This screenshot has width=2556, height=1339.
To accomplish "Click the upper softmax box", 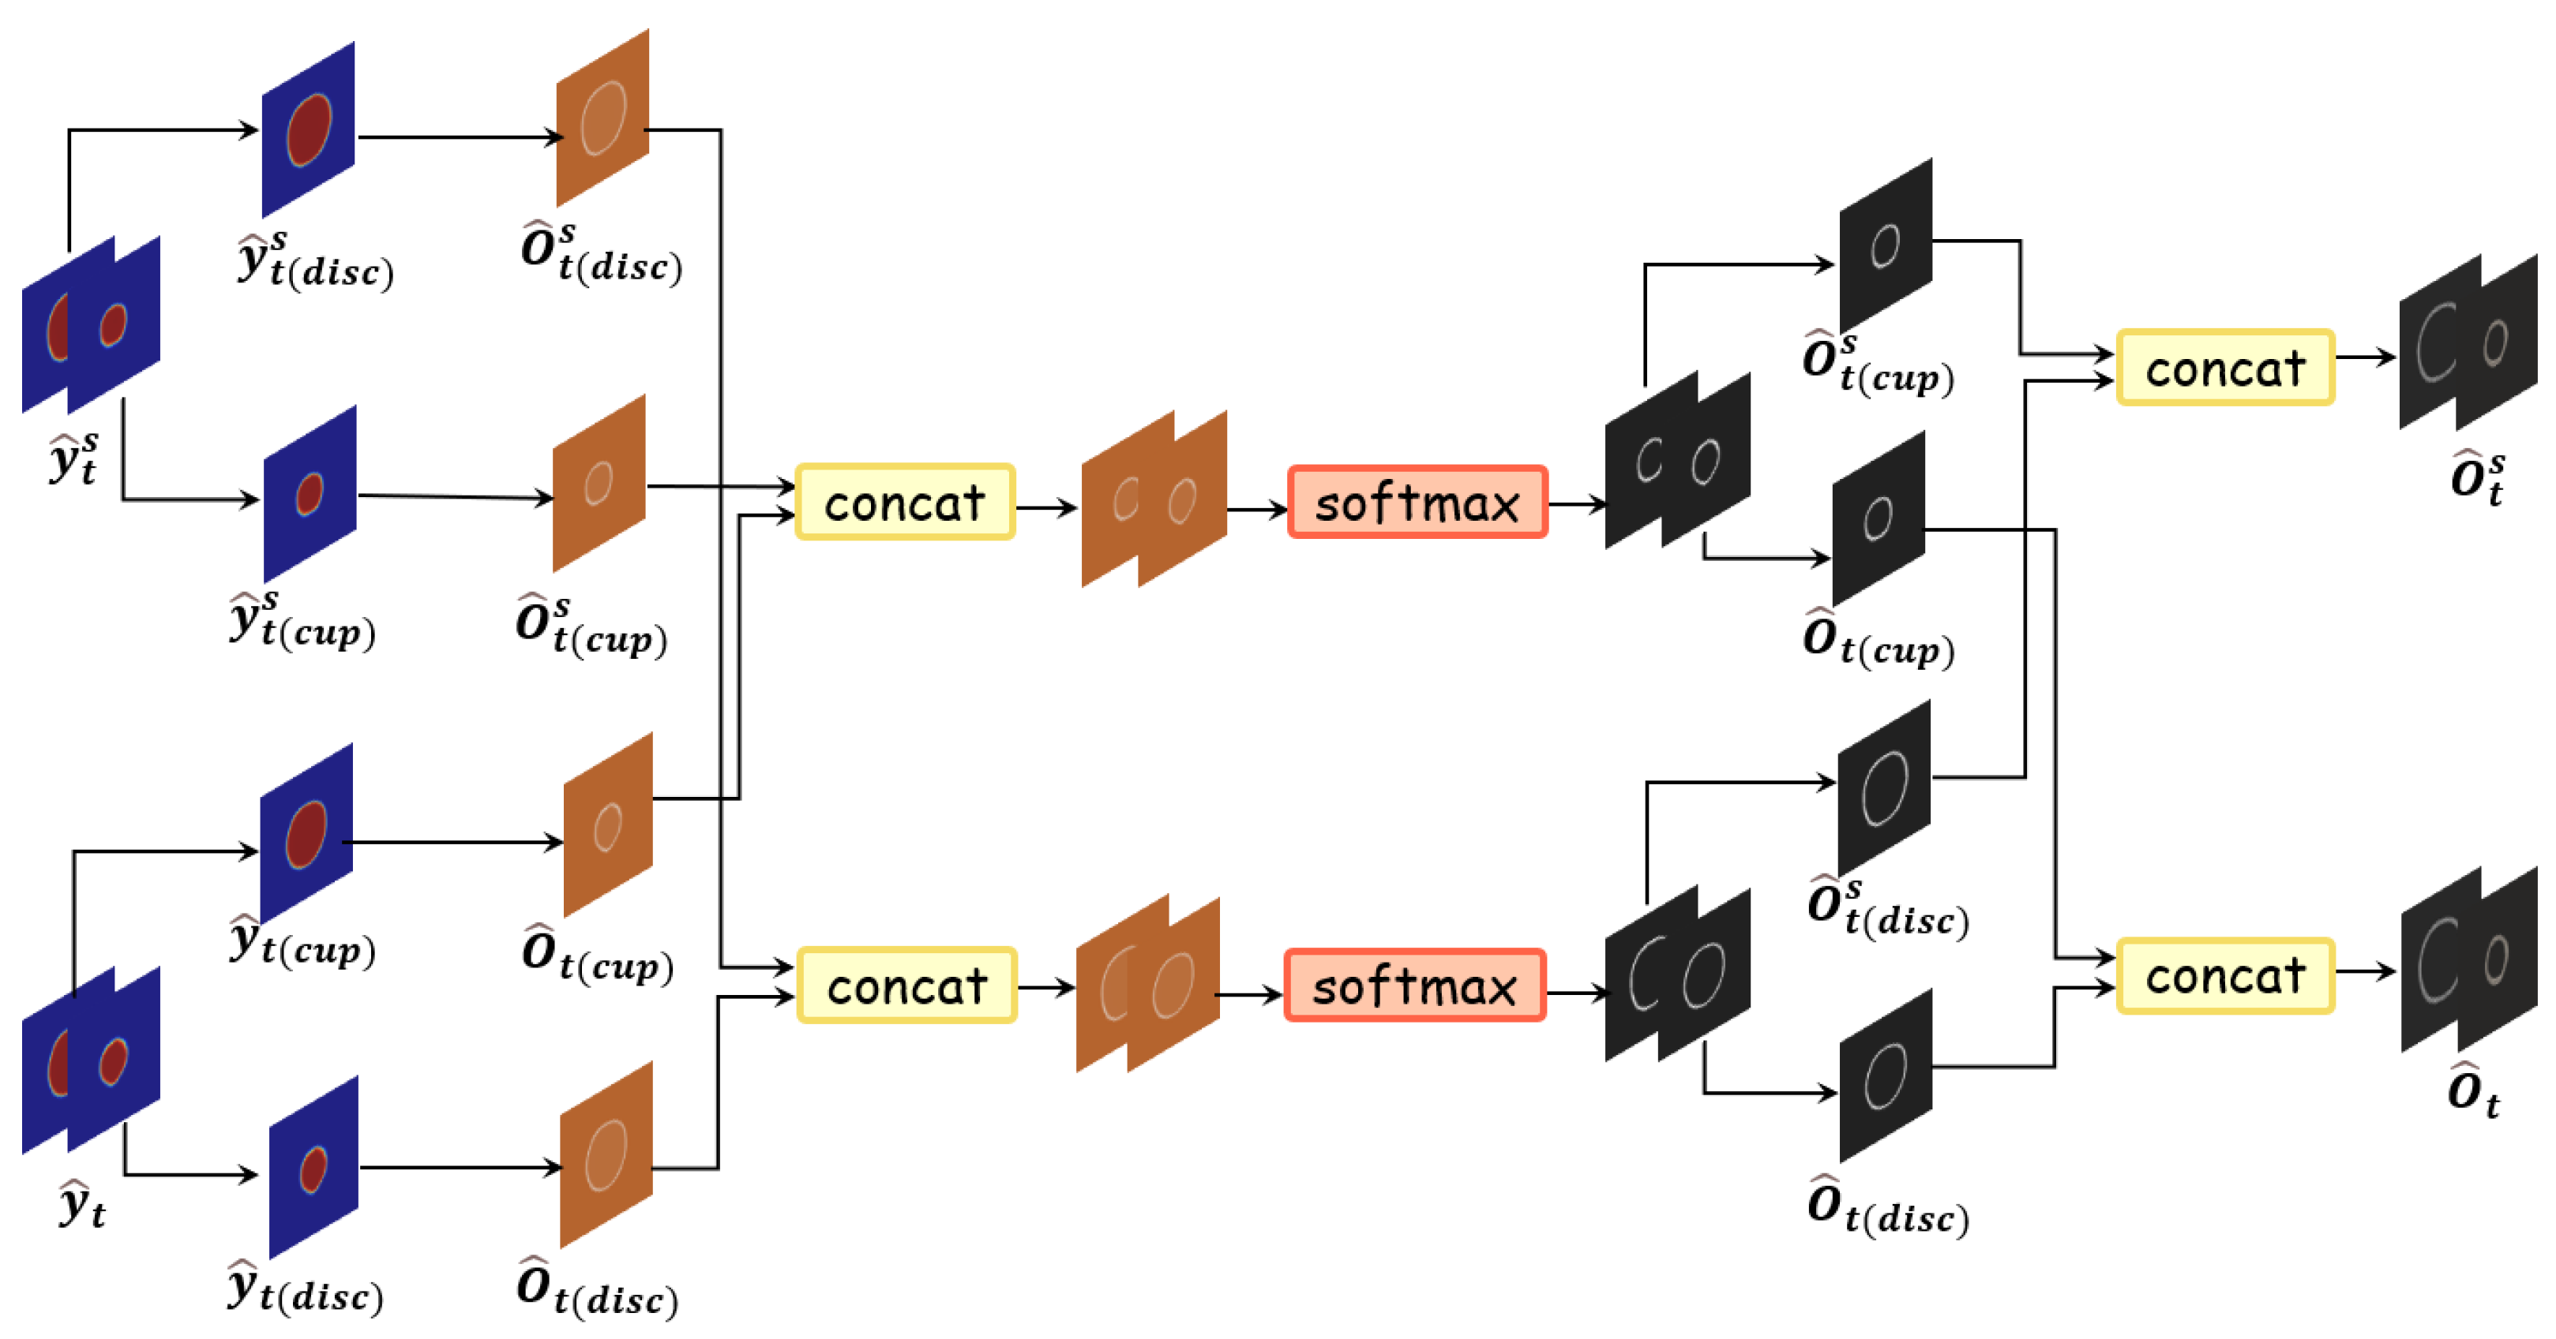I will pyautogui.click(x=1416, y=503).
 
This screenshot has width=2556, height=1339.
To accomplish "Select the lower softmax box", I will pyautogui.click(x=1414, y=985).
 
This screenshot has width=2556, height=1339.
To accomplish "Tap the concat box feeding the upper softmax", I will pyautogui.click(x=904, y=502).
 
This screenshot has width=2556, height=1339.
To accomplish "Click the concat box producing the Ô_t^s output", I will pyautogui.click(x=2224, y=368).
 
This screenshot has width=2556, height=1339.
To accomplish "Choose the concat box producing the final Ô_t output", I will pyautogui.click(x=2224, y=975).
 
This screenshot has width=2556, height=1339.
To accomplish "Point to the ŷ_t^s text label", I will pyautogui.click(x=74, y=458).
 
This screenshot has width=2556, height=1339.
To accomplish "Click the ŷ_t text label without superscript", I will pyautogui.click(x=81, y=1204).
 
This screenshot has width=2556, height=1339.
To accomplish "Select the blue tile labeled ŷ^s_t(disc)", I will pyautogui.click(x=309, y=130).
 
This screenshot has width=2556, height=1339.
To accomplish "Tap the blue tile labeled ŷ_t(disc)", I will pyautogui.click(x=313, y=1168).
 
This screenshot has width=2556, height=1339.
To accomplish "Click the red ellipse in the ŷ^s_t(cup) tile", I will pyautogui.click(x=310, y=493).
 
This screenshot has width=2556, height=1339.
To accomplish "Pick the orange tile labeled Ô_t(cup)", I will pyautogui.click(x=607, y=825).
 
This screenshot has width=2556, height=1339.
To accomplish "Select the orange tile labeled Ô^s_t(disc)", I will pyautogui.click(x=602, y=118).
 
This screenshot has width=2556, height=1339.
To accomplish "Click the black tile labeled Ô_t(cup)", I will pyautogui.click(x=1879, y=518).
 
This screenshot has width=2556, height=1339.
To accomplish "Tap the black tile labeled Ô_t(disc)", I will pyautogui.click(x=1886, y=1076).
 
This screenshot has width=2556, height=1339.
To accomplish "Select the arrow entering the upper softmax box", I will pyautogui.click(x=1258, y=510).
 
